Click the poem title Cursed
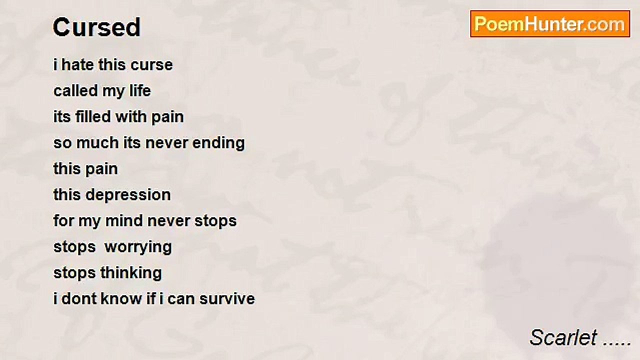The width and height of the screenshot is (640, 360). (x=96, y=27)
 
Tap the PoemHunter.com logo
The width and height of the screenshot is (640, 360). (x=550, y=24)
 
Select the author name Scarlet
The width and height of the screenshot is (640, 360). (x=563, y=337)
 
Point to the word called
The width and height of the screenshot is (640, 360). (x=75, y=91)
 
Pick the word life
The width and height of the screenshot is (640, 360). (x=140, y=91)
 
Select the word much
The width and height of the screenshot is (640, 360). (x=97, y=143)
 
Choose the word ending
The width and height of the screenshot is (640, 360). (x=218, y=143)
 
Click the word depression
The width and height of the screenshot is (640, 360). (x=128, y=195)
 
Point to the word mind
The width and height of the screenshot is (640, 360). (x=124, y=221)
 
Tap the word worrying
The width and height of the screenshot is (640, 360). (x=138, y=247)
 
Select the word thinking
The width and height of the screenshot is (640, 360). (x=131, y=273)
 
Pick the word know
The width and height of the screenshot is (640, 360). (x=121, y=299)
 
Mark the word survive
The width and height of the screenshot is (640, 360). (x=227, y=299)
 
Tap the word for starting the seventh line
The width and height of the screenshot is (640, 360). (x=63, y=221)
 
